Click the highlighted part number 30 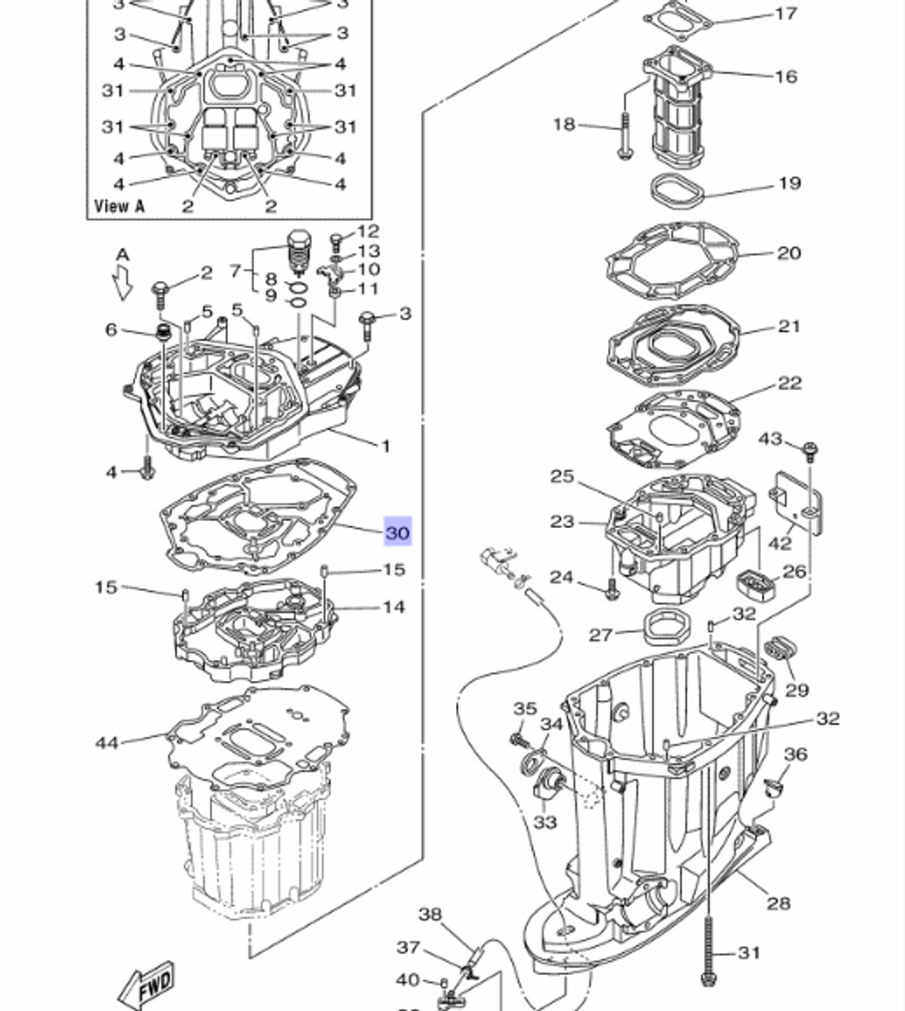pyautogui.click(x=397, y=532)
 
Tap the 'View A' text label pyautogui.click(x=119, y=206)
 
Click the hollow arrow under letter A pyautogui.click(x=122, y=282)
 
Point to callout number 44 pyautogui.click(x=107, y=742)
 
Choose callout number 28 pyautogui.click(x=778, y=902)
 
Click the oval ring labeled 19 pyautogui.click(x=677, y=191)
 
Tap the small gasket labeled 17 pyautogui.click(x=677, y=22)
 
